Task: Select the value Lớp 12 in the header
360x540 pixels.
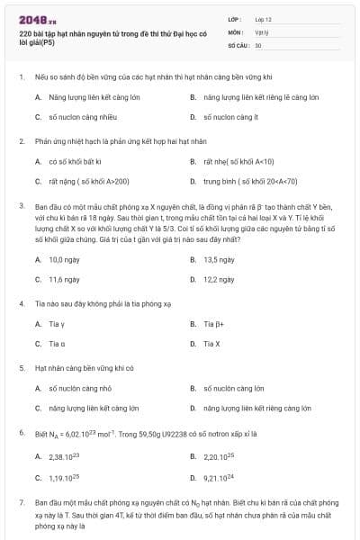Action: pos(263,19)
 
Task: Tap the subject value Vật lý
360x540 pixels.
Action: pos(261,31)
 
